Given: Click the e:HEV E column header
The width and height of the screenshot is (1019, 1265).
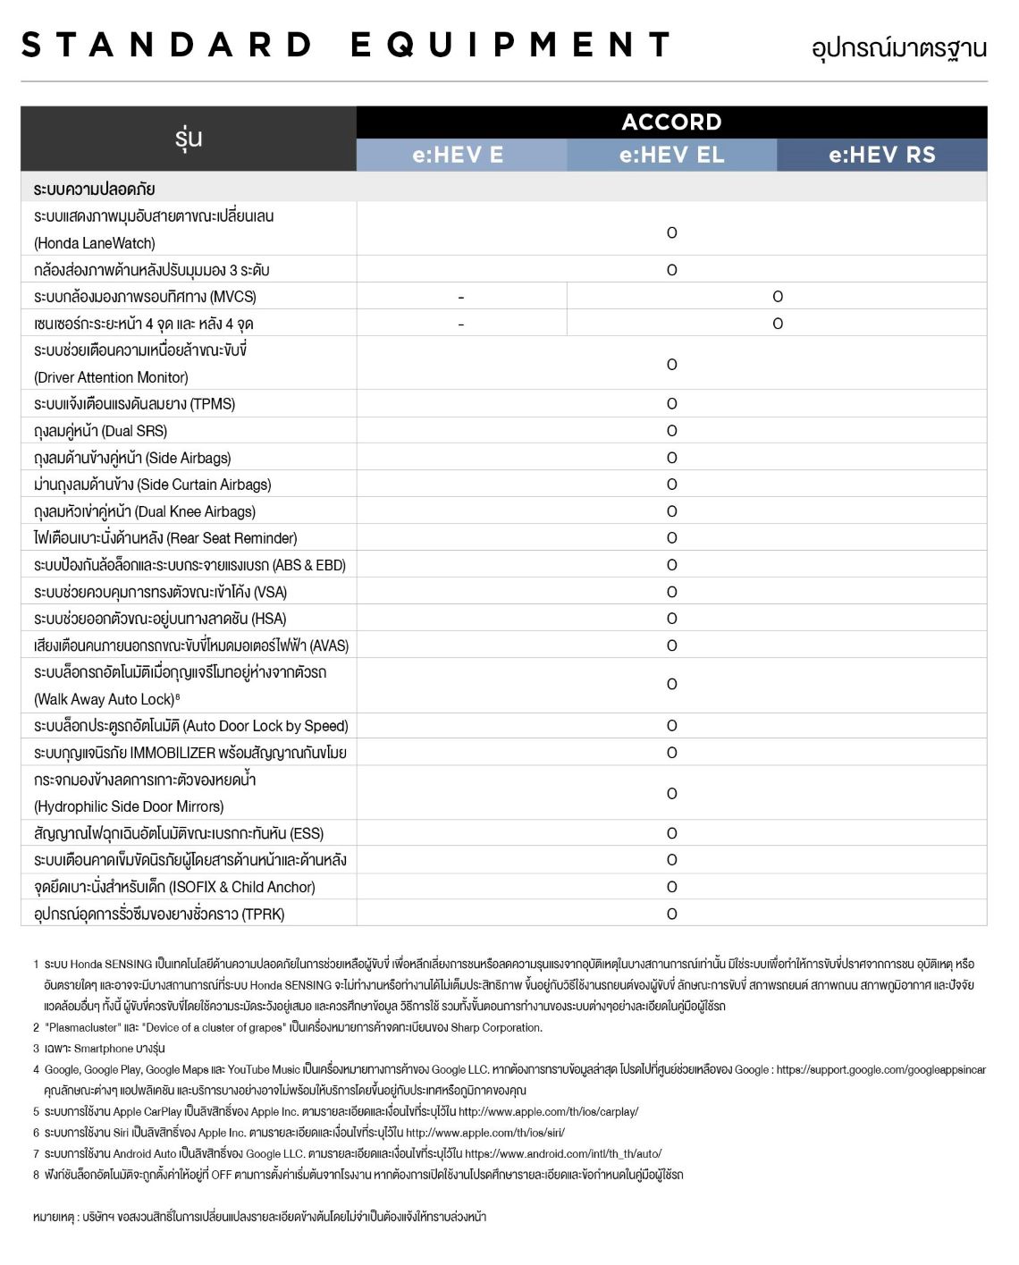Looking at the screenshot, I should [458, 155].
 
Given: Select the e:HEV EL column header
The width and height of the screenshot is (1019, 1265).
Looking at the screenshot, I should [671, 155].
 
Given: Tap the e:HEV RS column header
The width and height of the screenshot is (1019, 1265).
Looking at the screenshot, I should [881, 155].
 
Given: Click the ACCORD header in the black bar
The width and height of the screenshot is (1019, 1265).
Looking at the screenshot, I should [671, 122].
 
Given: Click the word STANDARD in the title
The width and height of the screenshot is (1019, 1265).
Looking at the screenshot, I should [167, 45].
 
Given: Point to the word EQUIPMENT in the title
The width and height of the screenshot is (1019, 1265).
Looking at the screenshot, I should [509, 45].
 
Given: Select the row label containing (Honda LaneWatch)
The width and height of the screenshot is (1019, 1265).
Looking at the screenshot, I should [95, 243].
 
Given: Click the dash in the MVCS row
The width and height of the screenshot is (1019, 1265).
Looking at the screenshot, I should [460, 297].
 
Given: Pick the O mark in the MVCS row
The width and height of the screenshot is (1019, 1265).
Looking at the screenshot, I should [777, 297].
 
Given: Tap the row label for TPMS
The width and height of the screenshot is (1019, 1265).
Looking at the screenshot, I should [134, 404].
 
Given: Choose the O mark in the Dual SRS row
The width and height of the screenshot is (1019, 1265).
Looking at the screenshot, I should [671, 431].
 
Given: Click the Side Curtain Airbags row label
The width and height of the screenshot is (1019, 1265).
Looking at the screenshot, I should [152, 485].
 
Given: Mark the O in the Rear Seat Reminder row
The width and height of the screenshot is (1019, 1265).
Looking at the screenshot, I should [671, 538].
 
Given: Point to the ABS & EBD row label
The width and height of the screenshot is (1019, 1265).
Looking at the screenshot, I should [189, 565].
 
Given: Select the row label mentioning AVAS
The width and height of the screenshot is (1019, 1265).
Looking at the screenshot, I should [191, 645].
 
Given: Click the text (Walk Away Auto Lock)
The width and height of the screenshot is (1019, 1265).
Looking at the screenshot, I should [105, 699].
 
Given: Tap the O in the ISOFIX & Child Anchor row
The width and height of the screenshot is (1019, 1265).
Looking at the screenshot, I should [671, 887].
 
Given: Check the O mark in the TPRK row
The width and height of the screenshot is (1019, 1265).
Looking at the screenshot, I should [671, 914].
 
